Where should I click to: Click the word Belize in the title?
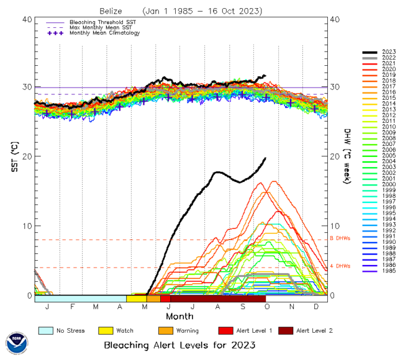click(x=112, y=11)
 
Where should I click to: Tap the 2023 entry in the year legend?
click(x=389, y=52)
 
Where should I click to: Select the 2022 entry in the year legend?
click(x=389, y=57)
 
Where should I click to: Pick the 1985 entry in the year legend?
click(x=389, y=271)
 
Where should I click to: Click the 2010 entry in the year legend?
click(x=389, y=127)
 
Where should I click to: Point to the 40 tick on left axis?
click(x=27, y=19)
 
